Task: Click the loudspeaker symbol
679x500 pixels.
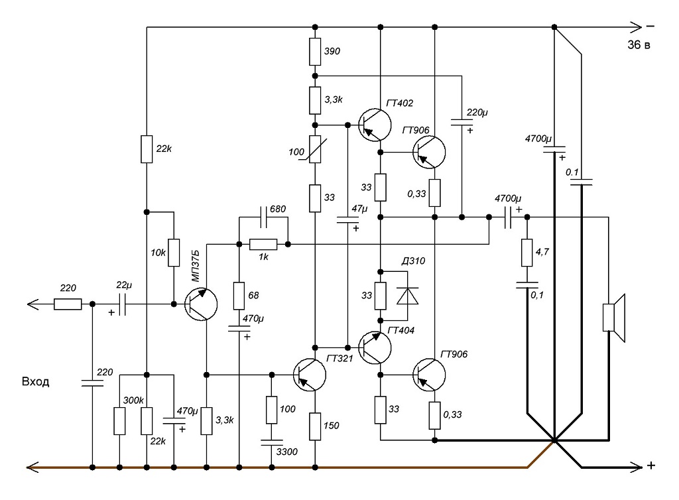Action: click(x=614, y=318)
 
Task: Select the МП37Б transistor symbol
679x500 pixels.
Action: click(x=200, y=304)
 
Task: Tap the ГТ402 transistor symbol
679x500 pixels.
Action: click(x=375, y=125)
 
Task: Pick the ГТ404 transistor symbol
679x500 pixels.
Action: click(x=375, y=347)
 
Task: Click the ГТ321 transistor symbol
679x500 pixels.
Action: click(x=310, y=375)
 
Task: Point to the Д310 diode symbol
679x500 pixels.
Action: click(x=408, y=296)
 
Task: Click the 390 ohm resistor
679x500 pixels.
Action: click(x=315, y=52)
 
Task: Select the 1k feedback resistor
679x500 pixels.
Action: click(x=263, y=245)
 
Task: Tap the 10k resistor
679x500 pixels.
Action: click(x=174, y=253)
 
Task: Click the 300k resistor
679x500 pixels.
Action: click(x=119, y=421)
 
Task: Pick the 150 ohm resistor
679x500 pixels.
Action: click(x=315, y=426)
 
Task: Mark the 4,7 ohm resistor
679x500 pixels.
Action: click(x=526, y=253)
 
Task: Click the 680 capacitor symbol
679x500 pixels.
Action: click(x=263, y=218)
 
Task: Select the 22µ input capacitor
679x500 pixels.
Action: click(x=122, y=304)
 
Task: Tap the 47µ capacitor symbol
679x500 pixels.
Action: click(x=347, y=220)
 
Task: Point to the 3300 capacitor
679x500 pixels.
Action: click(x=271, y=442)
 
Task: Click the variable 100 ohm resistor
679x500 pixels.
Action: click(x=315, y=149)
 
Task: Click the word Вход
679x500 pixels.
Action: click(x=36, y=382)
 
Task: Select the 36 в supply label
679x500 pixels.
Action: click(x=639, y=44)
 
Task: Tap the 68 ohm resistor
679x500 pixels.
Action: click(x=239, y=296)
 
